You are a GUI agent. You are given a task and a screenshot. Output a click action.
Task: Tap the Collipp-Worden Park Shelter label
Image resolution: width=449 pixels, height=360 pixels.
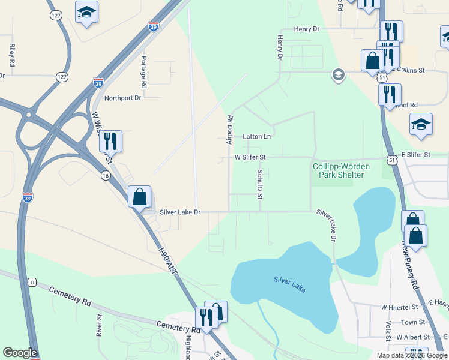338,170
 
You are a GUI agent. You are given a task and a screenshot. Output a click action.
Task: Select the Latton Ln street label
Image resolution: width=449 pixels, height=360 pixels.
257,137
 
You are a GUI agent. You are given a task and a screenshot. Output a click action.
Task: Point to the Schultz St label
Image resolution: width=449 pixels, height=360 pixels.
260,184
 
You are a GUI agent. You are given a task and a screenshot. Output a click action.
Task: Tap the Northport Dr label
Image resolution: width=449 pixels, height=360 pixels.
122,98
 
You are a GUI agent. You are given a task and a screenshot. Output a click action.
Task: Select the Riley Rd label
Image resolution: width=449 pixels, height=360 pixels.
12,55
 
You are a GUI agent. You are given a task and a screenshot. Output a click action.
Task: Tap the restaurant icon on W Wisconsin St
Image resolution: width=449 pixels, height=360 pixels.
110,142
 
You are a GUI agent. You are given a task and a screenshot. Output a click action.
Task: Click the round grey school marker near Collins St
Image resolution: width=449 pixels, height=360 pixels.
338,75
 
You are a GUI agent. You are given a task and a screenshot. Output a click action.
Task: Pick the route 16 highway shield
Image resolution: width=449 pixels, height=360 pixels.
106,175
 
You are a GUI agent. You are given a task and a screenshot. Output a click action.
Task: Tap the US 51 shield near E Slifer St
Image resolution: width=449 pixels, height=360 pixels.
391,160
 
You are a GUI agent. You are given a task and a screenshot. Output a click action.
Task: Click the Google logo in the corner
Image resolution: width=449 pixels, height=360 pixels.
20,353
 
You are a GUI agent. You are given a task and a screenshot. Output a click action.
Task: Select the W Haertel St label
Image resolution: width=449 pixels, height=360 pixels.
399,307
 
